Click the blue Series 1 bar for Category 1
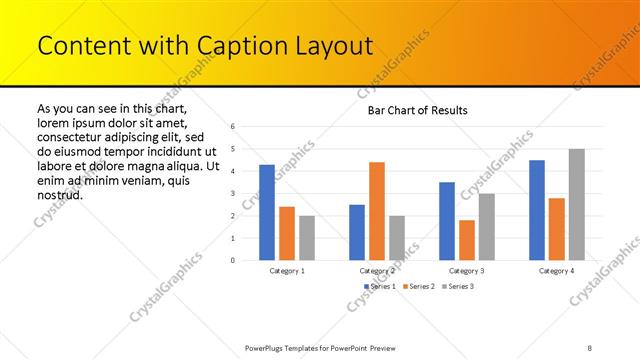(267, 212)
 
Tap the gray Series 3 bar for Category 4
(576, 205)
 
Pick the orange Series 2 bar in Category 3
(467, 240)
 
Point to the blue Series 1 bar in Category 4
(537, 210)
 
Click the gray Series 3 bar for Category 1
(306, 238)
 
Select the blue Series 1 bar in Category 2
(357, 232)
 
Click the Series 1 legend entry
(380, 287)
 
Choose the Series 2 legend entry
(419, 287)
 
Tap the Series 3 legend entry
(457, 287)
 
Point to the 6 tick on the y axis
(232, 127)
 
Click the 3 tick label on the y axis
(232, 193)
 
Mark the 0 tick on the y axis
(232, 260)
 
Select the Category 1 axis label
(287, 271)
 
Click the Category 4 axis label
(557, 271)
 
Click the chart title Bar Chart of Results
(411, 110)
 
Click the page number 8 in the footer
(590, 347)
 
